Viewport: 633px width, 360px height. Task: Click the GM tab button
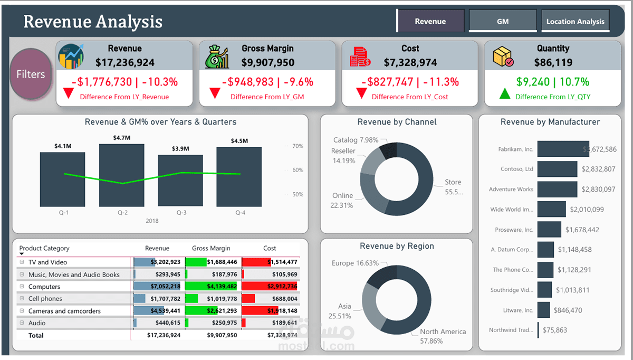(x=502, y=22)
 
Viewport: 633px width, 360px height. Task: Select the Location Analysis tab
(x=575, y=22)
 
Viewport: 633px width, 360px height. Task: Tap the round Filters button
(x=31, y=74)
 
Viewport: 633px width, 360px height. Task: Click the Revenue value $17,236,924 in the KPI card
(x=125, y=62)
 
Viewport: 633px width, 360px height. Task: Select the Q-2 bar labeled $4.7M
(x=121, y=175)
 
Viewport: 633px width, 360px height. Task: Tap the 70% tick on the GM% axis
(x=298, y=146)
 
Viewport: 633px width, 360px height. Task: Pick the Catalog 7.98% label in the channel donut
(x=356, y=140)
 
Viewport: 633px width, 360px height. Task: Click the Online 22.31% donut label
(x=342, y=200)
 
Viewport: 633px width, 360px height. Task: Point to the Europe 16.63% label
(x=355, y=263)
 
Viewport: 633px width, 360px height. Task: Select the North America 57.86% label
(x=443, y=336)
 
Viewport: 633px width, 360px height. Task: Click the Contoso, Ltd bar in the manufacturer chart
(x=557, y=169)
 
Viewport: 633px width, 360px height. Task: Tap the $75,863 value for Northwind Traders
(x=554, y=330)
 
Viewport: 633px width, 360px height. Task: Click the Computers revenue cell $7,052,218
(x=165, y=287)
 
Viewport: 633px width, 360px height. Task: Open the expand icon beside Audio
(x=22, y=323)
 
